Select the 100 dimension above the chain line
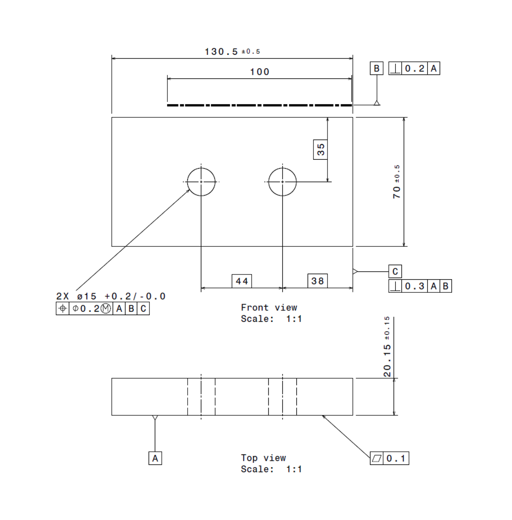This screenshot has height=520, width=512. [260, 72]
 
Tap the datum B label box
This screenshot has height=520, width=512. [377, 68]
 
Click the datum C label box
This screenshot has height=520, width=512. [395, 271]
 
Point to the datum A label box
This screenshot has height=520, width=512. [155, 458]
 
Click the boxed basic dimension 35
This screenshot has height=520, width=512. [320, 150]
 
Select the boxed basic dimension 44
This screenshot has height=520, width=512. [242, 281]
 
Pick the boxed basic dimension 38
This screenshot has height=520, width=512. [317, 281]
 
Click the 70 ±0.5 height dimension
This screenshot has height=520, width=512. [396, 182]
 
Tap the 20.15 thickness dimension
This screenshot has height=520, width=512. [387, 347]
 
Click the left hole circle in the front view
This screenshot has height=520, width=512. [201, 182]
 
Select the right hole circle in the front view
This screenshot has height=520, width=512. [282, 182]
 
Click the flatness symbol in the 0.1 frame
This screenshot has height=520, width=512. [377, 458]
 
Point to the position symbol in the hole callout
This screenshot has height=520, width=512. [62, 309]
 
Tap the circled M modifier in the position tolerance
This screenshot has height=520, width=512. [106, 309]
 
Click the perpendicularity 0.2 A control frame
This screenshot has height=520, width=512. [414, 68]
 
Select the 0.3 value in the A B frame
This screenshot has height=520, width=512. [415, 286]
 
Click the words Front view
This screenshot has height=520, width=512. [269, 307]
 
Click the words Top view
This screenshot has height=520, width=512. [263, 458]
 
